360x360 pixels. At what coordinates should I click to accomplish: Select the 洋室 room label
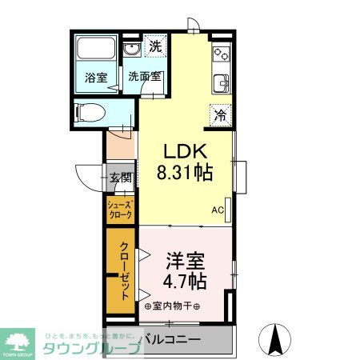click(186, 261)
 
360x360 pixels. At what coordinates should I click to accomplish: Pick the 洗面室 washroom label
click(145, 78)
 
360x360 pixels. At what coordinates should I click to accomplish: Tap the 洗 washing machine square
click(155, 46)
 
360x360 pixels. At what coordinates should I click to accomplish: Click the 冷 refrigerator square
click(219, 114)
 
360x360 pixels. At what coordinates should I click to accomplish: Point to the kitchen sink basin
click(221, 82)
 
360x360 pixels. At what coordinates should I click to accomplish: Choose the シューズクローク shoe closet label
click(121, 210)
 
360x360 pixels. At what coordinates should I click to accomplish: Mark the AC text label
click(217, 211)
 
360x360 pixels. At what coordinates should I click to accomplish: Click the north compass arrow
click(277, 337)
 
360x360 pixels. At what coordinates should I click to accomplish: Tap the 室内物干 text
click(172, 306)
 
